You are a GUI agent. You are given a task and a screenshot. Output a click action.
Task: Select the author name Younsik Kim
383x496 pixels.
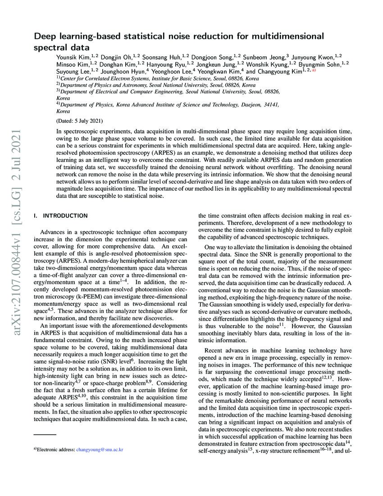click(x=71, y=57)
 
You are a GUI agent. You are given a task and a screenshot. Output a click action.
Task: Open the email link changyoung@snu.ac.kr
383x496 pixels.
click(x=100, y=462)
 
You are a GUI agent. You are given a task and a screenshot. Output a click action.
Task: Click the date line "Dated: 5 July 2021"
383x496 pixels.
click(x=80, y=121)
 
